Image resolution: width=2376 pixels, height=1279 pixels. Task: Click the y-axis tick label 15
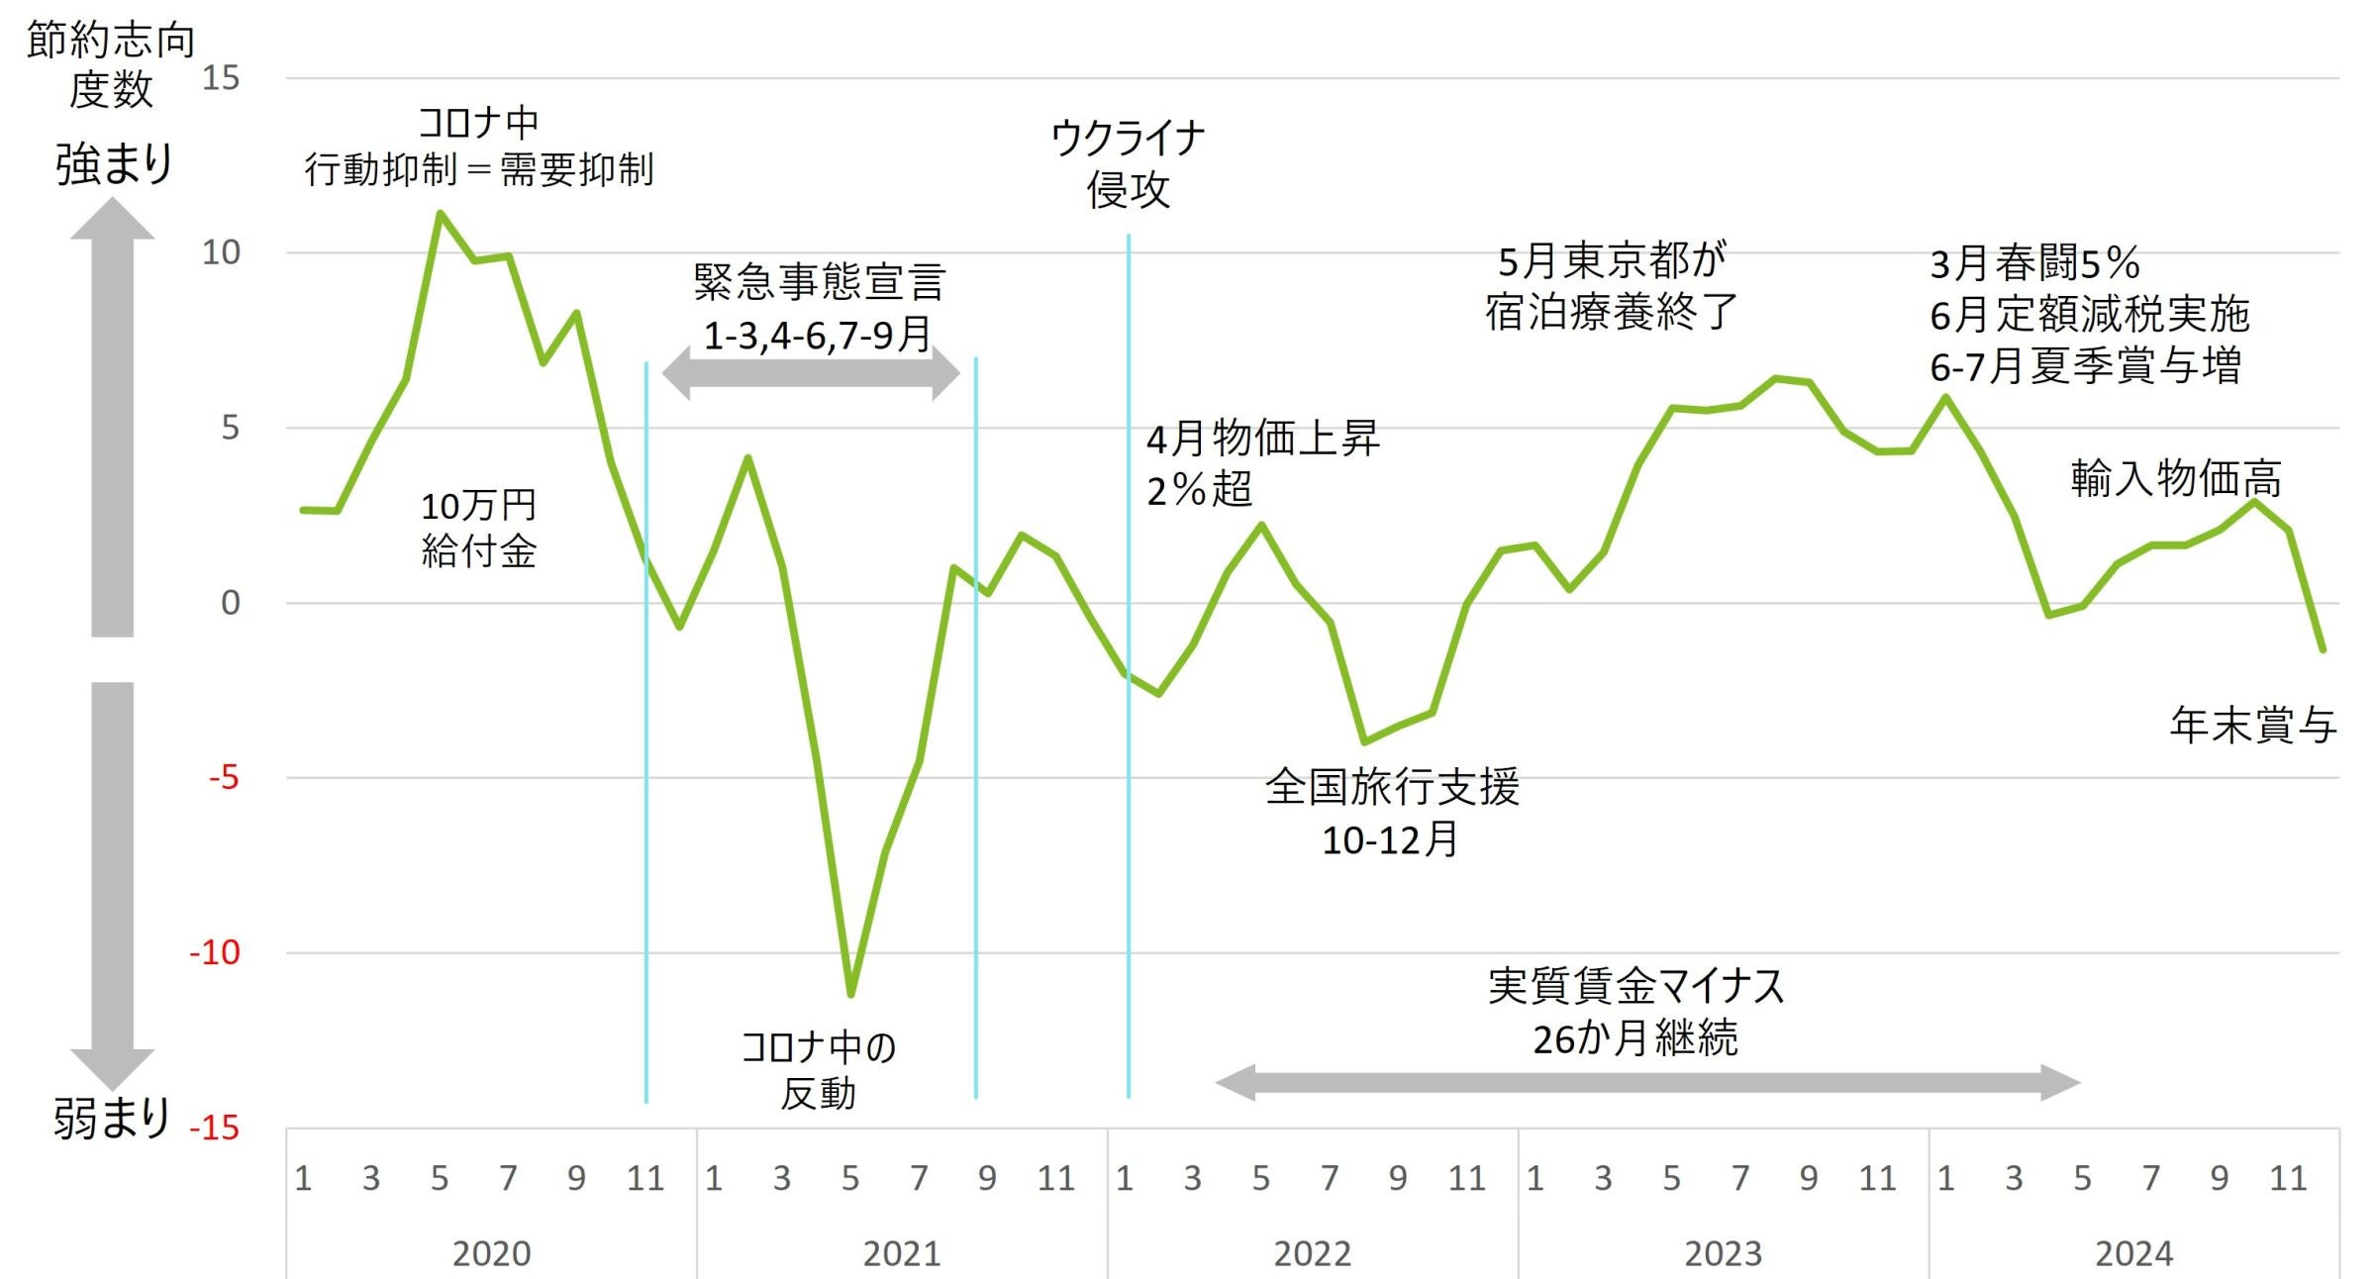pyautogui.click(x=221, y=78)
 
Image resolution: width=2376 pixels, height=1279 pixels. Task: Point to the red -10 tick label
pyautogui.click(x=215, y=952)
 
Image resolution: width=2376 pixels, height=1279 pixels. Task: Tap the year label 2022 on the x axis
pyautogui.click(x=1312, y=1253)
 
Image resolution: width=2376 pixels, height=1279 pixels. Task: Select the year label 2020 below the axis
pyautogui.click(x=491, y=1253)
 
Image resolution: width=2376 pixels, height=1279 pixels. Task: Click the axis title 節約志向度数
pyautogui.click(x=110, y=65)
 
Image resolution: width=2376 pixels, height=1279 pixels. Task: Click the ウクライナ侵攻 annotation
pyautogui.click(x=1128, y=164)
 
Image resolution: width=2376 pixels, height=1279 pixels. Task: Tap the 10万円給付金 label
pyautogui.click(x=479, y=529)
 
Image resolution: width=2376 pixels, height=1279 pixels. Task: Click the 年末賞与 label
pyautogui.click(x=2253, y=726)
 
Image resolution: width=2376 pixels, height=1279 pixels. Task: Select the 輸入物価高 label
pyautogui.click(x=2176, y=479)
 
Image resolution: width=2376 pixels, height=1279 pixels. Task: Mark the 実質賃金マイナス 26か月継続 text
pyautogui.click(x=1635, y=1012)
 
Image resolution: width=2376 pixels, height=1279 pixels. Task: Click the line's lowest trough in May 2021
pyautogui.click(x=850, y=993)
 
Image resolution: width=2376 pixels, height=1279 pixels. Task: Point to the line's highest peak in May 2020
pyautogui.click(x=440, y=213)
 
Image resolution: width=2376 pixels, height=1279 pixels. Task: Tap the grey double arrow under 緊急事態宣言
pyautogui.click(x=811, y=374)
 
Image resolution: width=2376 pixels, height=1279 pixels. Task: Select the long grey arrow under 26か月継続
pyautogui.click(x=1648, y=1082)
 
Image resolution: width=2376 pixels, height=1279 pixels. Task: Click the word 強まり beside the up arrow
pyautogui.click(x=114, y=164)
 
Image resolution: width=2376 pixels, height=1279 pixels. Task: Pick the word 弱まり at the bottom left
pyautogui.click(x=112, y=1119)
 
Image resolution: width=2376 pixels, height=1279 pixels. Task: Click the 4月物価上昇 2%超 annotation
pyautogui.click(x=1262, y=463)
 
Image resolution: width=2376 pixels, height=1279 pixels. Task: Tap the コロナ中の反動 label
pyautogui.click(x=819, y=1070)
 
